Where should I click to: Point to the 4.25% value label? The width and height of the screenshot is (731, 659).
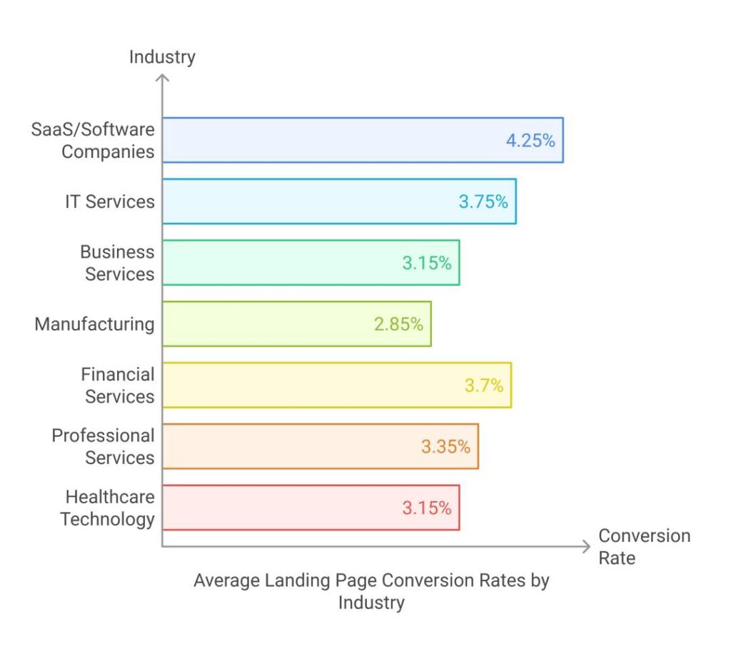(530, 141)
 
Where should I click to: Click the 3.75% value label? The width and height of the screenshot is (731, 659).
(483, 202)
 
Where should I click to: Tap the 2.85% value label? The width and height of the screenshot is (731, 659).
(398, 324)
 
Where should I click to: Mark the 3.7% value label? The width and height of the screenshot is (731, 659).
(484, 386)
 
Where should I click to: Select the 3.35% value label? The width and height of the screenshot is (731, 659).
(445, 447)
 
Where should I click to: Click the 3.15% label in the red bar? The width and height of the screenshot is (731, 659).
(427, 508)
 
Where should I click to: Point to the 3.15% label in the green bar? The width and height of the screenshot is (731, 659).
(427, 263)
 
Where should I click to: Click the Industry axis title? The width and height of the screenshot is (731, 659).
(162, 57)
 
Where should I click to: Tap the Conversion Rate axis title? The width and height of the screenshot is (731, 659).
(644, 546)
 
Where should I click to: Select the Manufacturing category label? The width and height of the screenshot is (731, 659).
(94, 324)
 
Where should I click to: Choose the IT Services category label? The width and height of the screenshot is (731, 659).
(109, 201)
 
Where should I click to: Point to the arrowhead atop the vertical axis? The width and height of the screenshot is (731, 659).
(163, 76)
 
